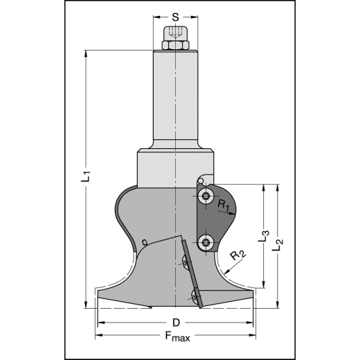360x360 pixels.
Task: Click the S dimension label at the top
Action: (176, 16)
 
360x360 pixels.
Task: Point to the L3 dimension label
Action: (264, 235)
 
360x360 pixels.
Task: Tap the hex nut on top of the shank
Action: (176, 46)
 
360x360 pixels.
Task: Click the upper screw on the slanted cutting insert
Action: (186, 261)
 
